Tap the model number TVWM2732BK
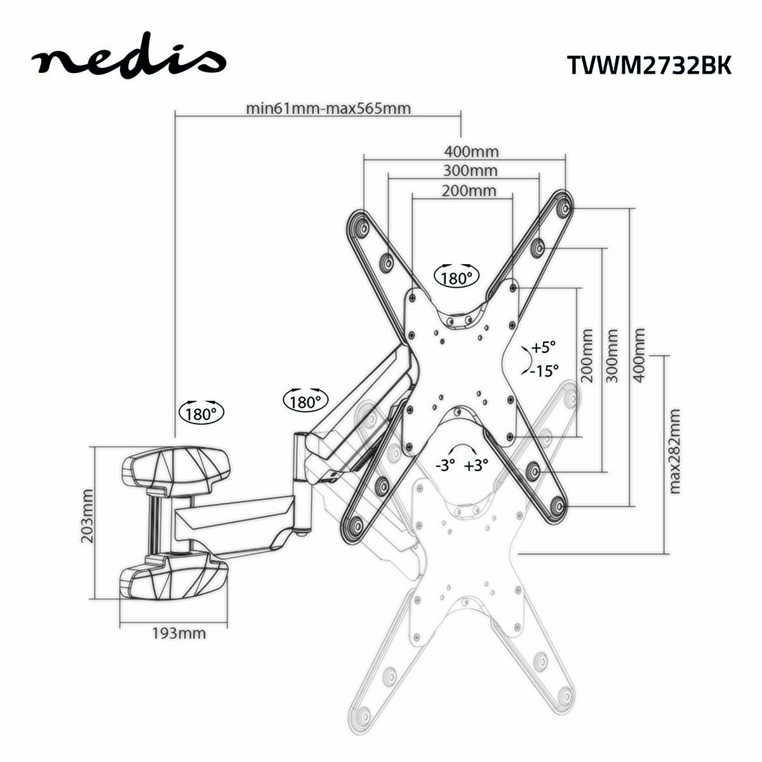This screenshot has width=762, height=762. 648,65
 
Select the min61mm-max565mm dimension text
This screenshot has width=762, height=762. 328,108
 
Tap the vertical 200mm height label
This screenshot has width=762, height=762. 587,355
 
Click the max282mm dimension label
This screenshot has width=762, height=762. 674,451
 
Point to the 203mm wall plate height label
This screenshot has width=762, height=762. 87,516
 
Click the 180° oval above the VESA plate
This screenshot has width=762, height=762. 455,277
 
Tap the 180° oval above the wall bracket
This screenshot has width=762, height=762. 202,413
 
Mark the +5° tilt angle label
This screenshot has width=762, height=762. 544,347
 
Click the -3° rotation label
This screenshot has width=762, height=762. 446,465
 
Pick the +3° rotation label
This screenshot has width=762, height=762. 476,465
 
